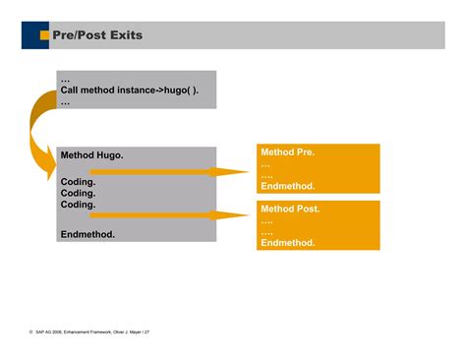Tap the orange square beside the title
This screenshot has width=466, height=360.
tap(44, 35)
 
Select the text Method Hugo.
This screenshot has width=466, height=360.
tap(91, 155)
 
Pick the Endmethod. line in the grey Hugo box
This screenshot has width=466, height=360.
tap(87, 234)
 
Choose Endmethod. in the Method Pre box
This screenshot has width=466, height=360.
tap(287, 186)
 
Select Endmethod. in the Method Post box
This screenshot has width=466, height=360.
tap(287, 242)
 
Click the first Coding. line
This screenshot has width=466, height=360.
tap(78, 182)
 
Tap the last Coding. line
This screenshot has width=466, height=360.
tap(78, 205)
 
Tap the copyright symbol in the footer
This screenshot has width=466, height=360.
tap(31, 332)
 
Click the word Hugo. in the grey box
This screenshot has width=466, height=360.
tap(109, 155)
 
